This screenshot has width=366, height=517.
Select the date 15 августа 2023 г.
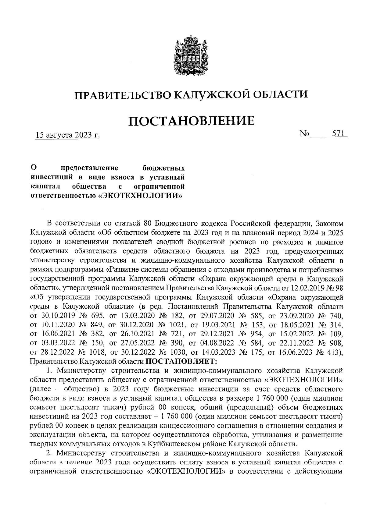click(68, 135)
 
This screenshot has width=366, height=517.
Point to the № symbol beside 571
click(305, 134)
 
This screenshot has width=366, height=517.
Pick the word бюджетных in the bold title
click(164, 168)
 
